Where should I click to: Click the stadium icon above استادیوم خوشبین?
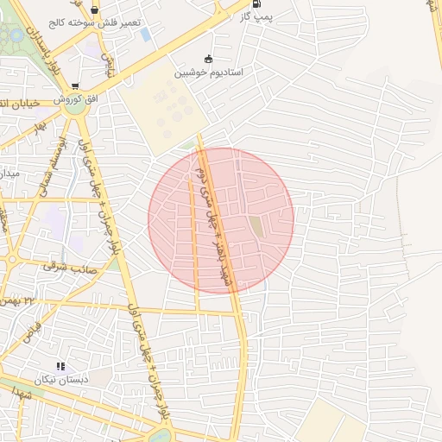point(208,59)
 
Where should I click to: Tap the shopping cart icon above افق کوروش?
point(76,86)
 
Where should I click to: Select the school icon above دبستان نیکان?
point(60,367)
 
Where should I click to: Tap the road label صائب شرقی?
point(73,269)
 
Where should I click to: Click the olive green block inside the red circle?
point(256,227)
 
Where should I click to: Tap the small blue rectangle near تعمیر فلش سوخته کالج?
point(145,35)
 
